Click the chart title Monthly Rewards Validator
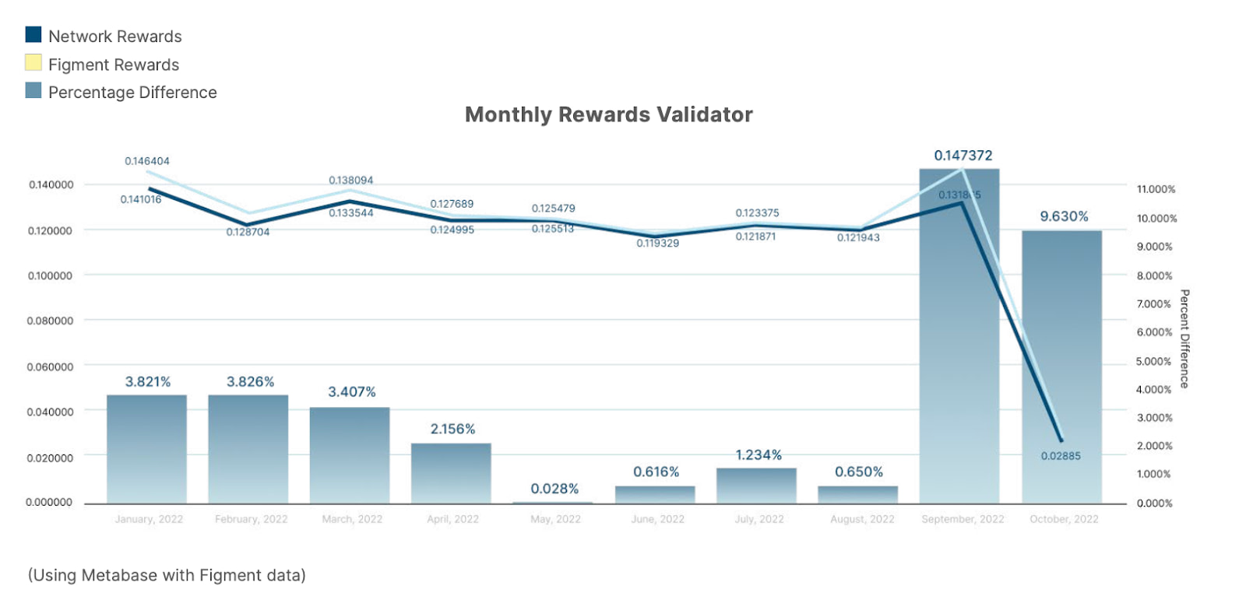(608, 114)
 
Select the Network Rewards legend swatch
(33, 34)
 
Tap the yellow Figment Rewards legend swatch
(33, 62)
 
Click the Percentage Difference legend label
(132, 92)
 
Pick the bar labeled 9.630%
(1061, 366)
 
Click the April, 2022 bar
(451, 473)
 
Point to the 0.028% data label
(554, 489)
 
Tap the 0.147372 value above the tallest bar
(963, 156)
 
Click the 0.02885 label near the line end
(1061, 456)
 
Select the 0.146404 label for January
(147, 161)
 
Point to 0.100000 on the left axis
(50, 275)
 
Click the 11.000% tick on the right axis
(1156, 189)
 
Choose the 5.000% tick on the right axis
(1153, 361)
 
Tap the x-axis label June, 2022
(657, 519)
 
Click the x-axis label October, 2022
(1064, 519)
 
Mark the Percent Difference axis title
(1184, 339)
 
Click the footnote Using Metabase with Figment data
(167, 575)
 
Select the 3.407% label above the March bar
(351, 391)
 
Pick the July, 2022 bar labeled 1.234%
(756, 486)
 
